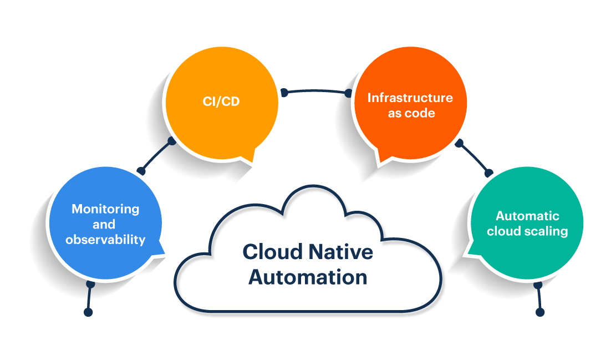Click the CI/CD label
tap(221, 102)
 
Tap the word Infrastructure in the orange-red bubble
tap(410, 98)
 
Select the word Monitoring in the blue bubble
tap(105, 209)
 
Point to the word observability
tap(105, 239)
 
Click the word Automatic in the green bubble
tap(527, 216)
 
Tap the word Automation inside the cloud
tap(308, 277)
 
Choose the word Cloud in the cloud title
tap(272, 252)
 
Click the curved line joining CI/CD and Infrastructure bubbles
tap(316, 91)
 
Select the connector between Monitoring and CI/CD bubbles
tap(156, 156)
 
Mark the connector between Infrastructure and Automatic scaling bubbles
tap(474, 158)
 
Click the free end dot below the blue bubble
tap(88, 312)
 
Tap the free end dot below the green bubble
tap(540, 312)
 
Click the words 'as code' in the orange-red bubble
tap(411, 113)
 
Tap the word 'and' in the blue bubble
tap(104, 225)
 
